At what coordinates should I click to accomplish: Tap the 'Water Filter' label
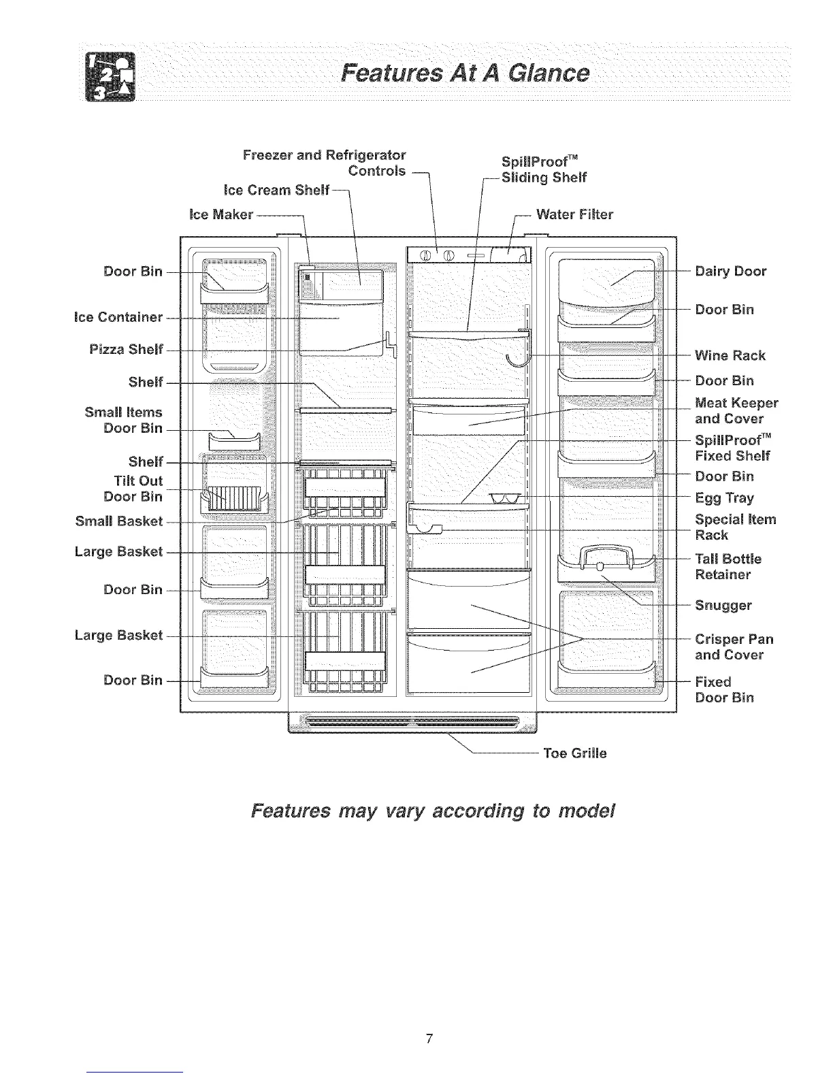pos(574,215)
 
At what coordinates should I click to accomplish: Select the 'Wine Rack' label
pos(730,355)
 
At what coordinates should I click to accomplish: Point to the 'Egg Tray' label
pos(724,497)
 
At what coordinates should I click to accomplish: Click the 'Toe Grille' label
pos(574,753)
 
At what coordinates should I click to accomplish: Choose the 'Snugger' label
pos(723,605)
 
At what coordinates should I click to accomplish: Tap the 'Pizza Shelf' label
pos(127,350)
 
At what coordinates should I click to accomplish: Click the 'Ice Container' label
pos(118,317)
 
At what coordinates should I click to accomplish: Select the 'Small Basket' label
pos(119,521)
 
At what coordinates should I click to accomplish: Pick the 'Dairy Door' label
pos(730,272)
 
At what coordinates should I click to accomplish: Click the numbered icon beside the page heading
pos(109,75)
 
